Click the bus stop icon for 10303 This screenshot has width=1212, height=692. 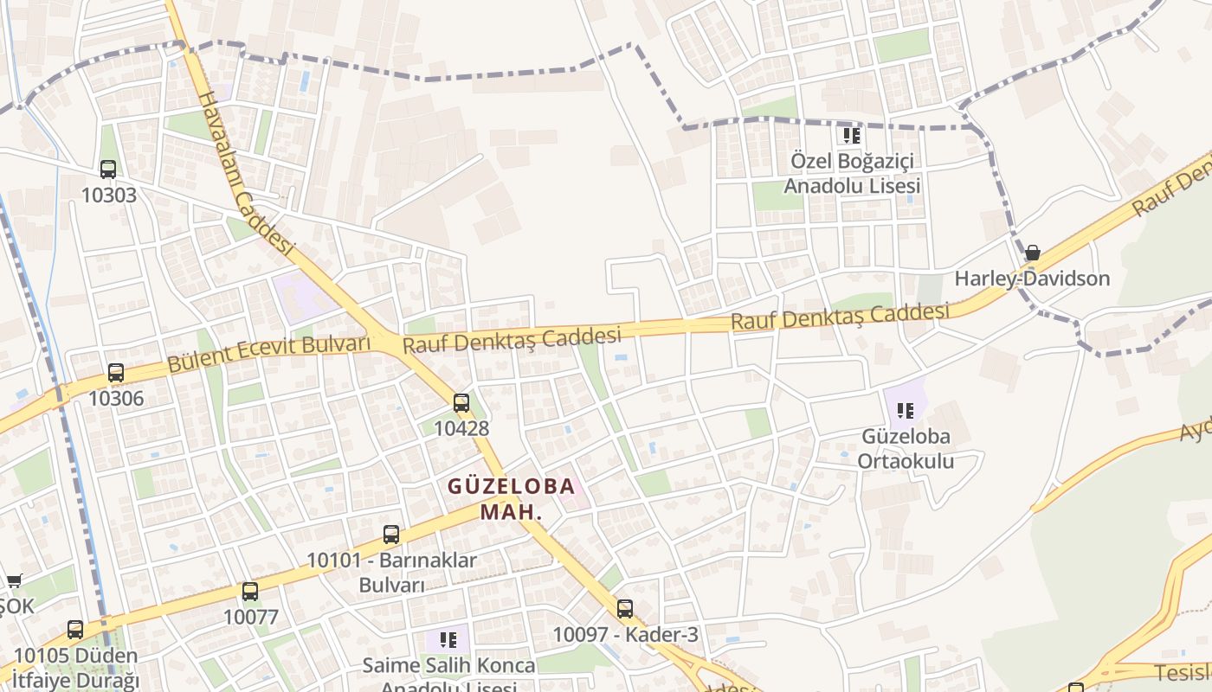108,170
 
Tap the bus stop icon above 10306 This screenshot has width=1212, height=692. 116,373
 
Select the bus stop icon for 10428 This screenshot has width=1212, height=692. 461,403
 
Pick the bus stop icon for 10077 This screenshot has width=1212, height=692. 250,592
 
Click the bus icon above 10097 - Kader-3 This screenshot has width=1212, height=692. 625,609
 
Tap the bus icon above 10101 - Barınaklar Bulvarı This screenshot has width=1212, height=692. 391,535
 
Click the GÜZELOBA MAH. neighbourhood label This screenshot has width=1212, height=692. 511,498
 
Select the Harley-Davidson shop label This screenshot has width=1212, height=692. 1032,279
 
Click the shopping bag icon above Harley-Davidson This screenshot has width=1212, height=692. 1032,253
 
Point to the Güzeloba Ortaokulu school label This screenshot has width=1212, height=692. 906,448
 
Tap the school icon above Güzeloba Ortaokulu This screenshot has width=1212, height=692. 906,411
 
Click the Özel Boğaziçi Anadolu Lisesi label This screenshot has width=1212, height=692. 852,173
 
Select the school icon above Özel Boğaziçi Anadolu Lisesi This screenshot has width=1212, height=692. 852,136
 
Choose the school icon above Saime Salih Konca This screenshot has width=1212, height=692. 448,640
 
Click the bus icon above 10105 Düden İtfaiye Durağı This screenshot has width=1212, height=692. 75,630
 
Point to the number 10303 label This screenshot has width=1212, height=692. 109,195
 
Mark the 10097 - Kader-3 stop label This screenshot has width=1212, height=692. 625,635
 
